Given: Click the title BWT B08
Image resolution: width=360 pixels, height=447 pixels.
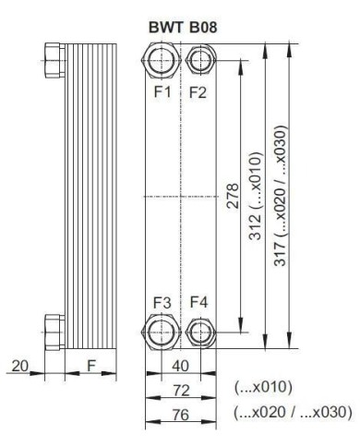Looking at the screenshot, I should point(181,29).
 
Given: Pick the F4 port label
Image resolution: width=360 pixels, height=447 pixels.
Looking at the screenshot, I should point(198,302).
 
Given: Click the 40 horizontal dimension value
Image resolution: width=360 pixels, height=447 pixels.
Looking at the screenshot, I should point(182,365).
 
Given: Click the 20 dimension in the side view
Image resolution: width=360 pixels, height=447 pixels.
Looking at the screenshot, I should point(18,366).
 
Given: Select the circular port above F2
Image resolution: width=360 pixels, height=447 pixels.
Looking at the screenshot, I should point(198,63).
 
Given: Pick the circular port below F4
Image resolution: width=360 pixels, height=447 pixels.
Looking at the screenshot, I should point(198,331).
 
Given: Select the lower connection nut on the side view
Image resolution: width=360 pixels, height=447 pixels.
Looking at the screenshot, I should point(54,327).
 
